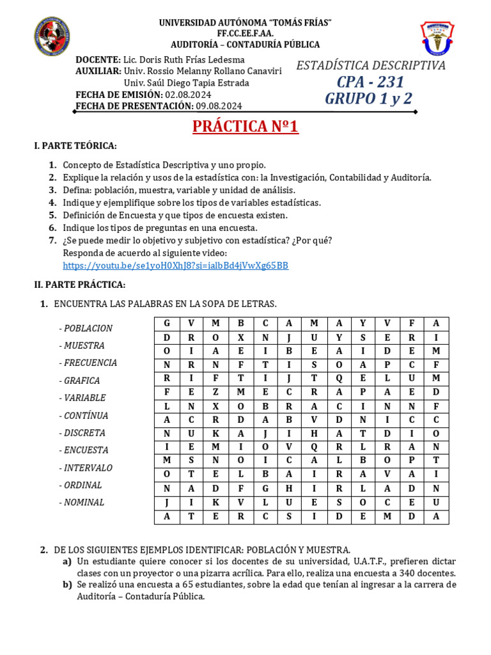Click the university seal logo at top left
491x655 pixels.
point(52,35)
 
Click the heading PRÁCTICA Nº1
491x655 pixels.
point(245,127)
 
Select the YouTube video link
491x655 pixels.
point(175,265)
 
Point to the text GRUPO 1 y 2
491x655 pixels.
point(369,99)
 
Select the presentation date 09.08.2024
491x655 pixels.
point(219,106)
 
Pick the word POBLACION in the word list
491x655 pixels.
point(87,328)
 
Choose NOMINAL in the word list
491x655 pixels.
point(83,503)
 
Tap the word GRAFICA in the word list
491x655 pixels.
point(81,381)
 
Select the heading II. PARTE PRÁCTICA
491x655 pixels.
point(80,284)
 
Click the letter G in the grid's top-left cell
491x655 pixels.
point(167,324)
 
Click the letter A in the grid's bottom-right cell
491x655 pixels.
point(436,517)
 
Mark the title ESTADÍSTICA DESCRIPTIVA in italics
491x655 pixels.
point(370,65)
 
